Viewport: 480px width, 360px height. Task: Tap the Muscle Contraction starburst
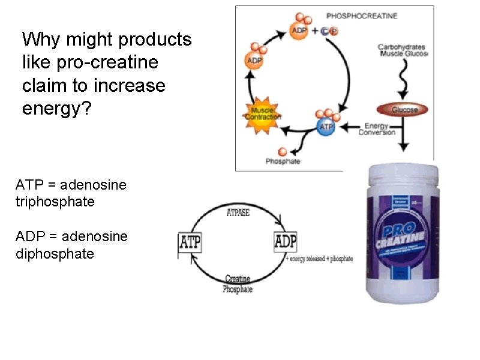262,113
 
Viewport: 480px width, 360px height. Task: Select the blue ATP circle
326,127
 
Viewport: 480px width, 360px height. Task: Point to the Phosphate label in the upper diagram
283,161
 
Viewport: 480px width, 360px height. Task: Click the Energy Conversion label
377,128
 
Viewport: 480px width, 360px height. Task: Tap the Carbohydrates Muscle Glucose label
403,50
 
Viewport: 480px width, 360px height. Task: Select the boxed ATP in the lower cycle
191,244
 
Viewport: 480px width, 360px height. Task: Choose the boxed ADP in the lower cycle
285,242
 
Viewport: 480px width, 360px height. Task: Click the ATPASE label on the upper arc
238,212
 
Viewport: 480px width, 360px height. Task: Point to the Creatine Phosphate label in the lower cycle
238,284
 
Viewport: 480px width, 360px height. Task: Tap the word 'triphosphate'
55,202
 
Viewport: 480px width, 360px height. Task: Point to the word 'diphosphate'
55,254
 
